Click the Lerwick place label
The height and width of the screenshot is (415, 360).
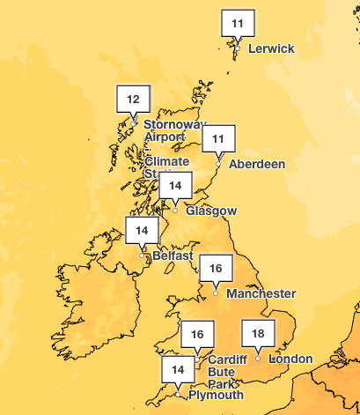tap(271, 48)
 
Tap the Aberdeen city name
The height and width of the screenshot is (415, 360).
tap(256, 164)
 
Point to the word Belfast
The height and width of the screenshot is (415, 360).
tap(172, 256)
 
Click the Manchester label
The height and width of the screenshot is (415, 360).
tap(261, 293)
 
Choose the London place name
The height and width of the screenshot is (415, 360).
tap(290, 359)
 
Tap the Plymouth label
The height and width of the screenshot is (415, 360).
tap(214, 396)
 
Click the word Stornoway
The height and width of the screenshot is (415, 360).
tap(171, 125)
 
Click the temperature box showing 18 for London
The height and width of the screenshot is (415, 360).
tap(258, 334)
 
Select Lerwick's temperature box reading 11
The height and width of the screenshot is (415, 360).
tap(237, 23)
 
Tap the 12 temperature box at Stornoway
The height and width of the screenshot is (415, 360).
tap(134, 98)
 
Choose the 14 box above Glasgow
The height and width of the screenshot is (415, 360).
tap(176, 185)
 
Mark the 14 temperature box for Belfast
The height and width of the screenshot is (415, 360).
tap(142, 231)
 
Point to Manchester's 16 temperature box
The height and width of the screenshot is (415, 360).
tap(216, 267)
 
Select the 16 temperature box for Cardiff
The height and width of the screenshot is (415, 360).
tap(197, 334)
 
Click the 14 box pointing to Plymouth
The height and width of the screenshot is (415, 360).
tap(179, 369)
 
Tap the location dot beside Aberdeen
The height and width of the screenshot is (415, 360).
tap(218, 164)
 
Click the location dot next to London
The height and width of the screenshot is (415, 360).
tap(258, 359)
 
